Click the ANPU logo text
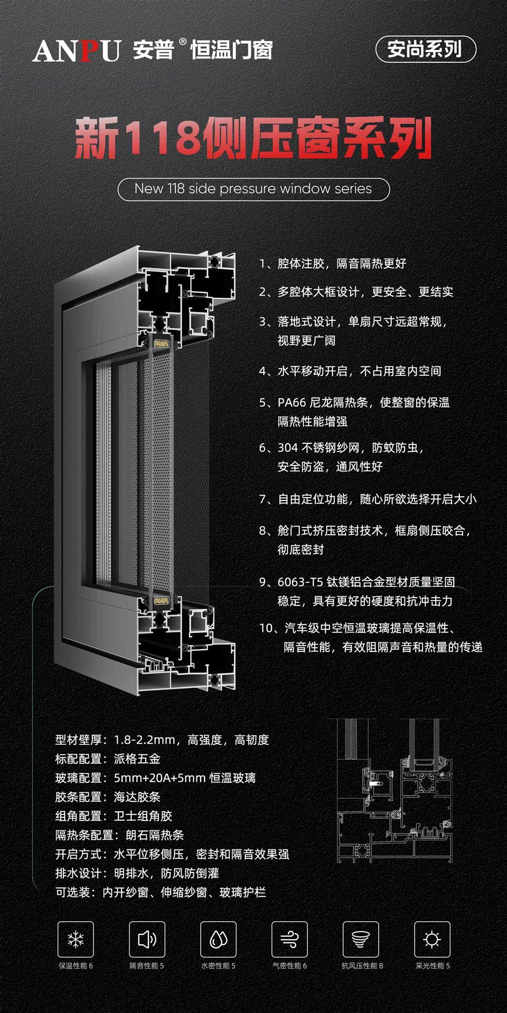coord(77,51)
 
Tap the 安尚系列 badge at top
coord(425,50)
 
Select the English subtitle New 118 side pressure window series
coord(253,189)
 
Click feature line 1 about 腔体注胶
coord(333,263)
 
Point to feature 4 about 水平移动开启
coord(350,371)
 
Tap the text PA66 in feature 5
coord(292,403)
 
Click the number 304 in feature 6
coord(288,448)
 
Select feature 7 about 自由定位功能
coord(368,499)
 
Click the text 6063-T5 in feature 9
coord(300,582)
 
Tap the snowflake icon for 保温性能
coord(76,939)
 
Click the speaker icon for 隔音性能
coord(147,939)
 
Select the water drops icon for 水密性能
coord(218,939)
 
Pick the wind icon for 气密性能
coord(289,939)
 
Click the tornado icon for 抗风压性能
coord(361,939)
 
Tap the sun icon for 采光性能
coord(432,939)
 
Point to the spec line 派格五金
coord(137,759)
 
